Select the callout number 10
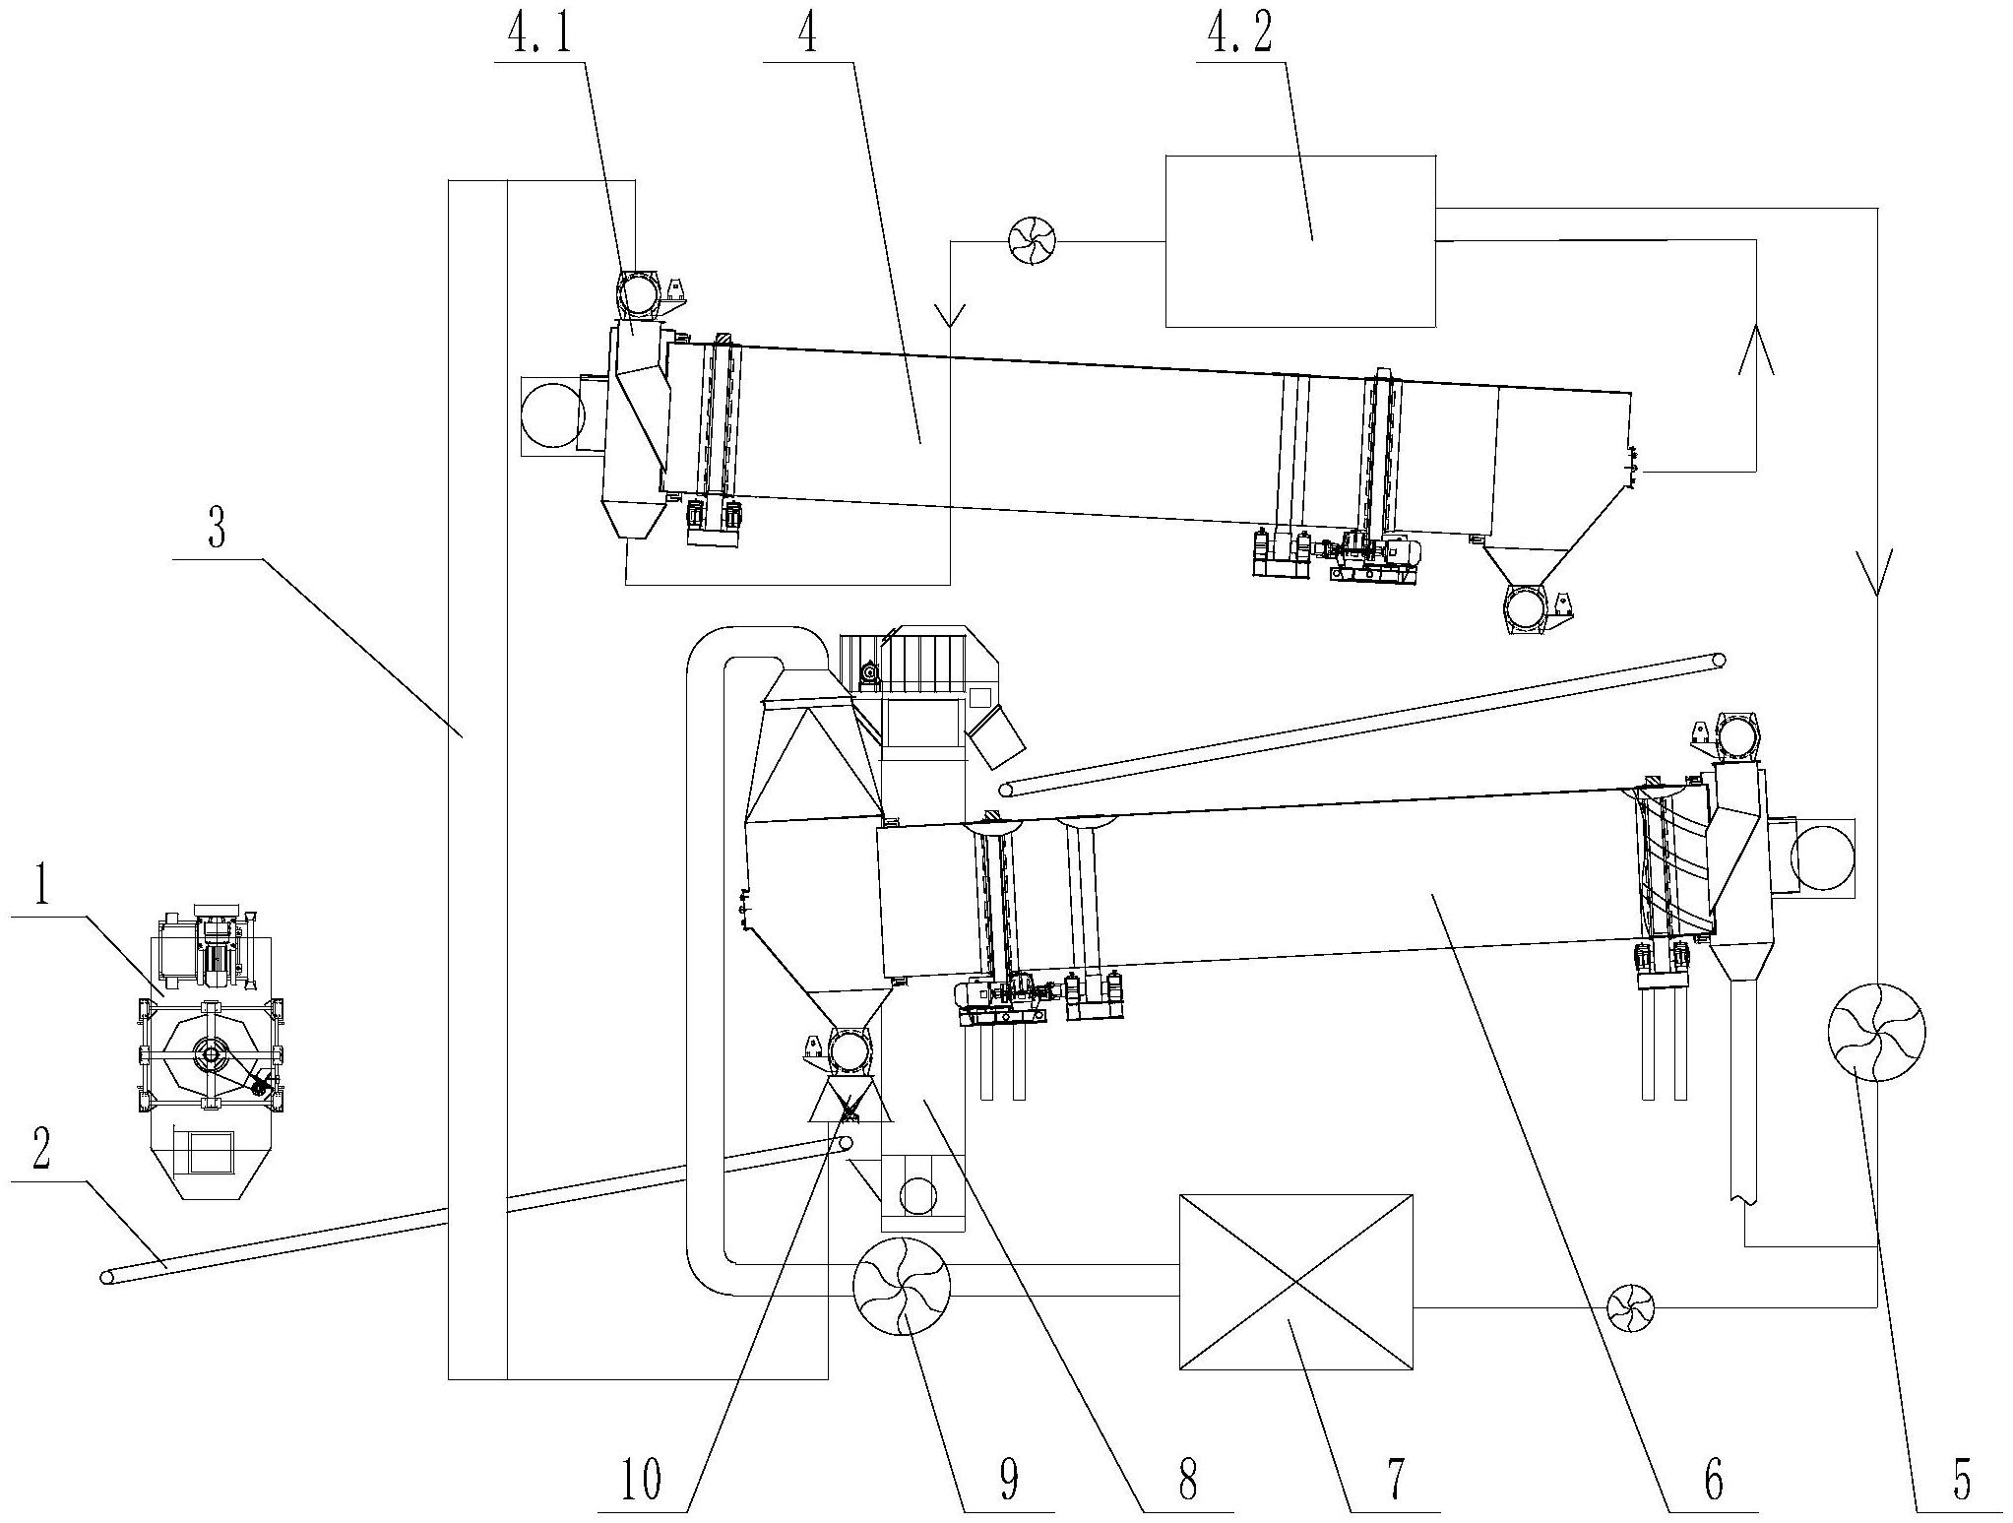coord(641,1480)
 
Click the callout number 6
coord(1713,1480)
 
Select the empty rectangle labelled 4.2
coord(1300,241)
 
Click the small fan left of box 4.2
coord(1033,241)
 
